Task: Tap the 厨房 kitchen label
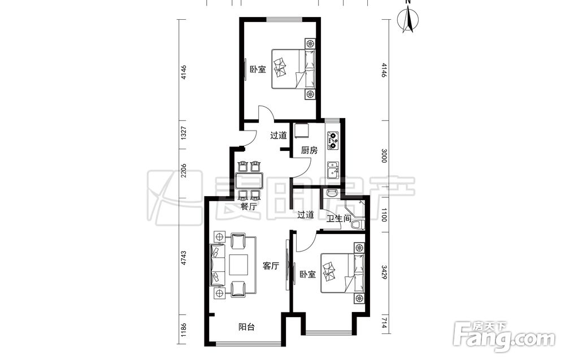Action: point(310,151)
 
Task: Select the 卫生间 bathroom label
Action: point(338,218)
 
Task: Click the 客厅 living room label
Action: point(271,266)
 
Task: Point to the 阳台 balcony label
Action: point(247,327)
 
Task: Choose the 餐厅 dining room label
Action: point(249,207)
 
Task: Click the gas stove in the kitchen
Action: point(333,141)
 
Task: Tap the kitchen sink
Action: point(333,171)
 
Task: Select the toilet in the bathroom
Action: point(357,225)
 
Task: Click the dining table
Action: point(249,181)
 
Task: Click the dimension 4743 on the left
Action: point(184,258)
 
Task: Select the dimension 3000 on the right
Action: point(384,155)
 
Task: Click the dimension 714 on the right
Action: point(384,321)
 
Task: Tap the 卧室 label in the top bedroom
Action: point(258,70)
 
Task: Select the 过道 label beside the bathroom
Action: point(306,215)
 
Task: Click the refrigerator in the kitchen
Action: point(301,131)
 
